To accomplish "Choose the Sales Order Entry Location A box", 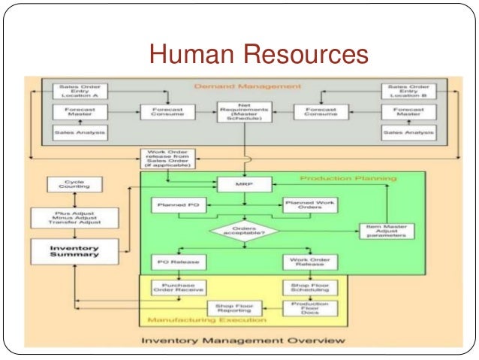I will (79, 91).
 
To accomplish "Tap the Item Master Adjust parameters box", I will (386, 232).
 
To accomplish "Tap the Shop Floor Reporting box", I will (230, 308).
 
